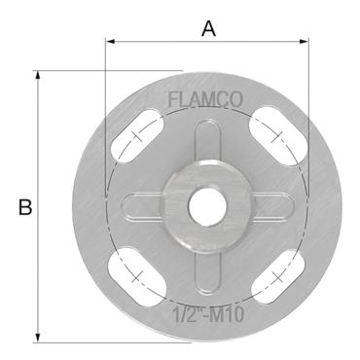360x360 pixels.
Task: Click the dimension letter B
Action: tap(25, 206)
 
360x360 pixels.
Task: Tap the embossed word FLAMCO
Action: tap(206, 99)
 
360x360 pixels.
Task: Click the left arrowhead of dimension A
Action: tap(109, 41)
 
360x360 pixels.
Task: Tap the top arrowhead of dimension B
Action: tap(39, 75)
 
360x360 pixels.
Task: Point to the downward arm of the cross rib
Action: tap(206, 268)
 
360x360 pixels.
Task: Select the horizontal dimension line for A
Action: tap(156, 41)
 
